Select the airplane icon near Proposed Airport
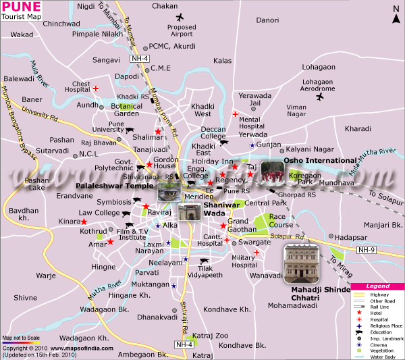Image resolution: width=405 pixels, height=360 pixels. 179,18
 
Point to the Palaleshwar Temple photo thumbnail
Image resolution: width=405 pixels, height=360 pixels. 166,192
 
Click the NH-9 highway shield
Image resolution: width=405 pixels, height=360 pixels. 384,249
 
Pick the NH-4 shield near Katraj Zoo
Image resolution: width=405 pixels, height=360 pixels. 184,344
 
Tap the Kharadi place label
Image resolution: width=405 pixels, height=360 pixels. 358,128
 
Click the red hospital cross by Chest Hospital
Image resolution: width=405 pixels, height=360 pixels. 96,88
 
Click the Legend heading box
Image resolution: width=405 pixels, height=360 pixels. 377,286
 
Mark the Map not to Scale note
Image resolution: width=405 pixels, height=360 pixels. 21,338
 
